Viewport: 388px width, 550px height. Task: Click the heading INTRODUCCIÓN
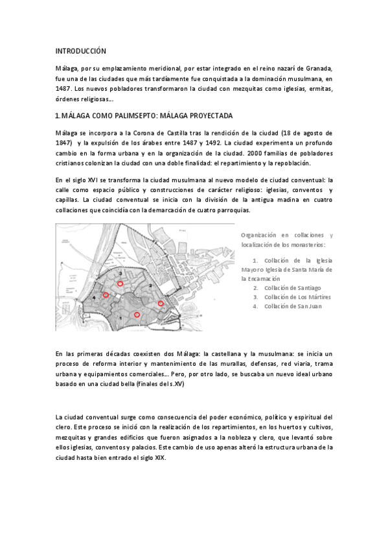(x=80, y=51)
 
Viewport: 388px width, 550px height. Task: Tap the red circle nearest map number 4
(x=106, y=295)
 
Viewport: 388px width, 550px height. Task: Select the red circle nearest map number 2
(x=161, y=303)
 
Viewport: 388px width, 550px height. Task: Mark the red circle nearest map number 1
(x=137, y=315)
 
